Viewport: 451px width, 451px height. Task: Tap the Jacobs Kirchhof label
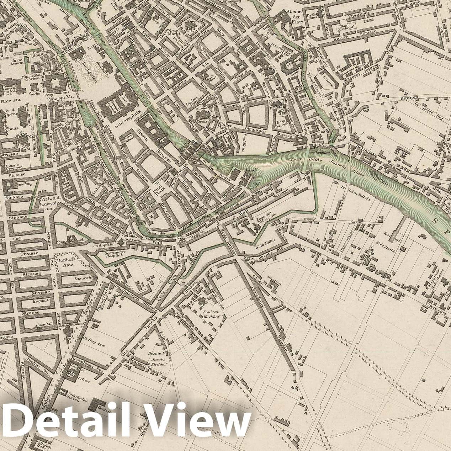(158, 360)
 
